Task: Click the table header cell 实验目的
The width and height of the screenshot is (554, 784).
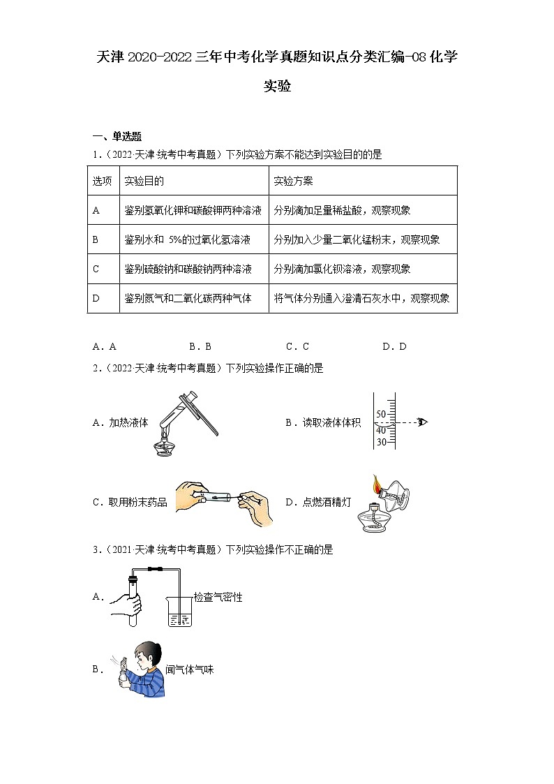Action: [144, 181]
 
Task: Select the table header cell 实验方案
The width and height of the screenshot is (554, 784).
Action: [293, 181]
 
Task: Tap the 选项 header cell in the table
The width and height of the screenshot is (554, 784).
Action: [103, 181]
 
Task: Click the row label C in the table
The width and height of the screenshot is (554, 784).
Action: [96, 269]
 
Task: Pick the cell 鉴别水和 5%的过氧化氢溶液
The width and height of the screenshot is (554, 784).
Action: [187, 239]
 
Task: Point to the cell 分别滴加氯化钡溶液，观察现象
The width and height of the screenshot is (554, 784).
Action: [343, 269]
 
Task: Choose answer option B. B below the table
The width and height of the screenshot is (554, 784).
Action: [200, 346]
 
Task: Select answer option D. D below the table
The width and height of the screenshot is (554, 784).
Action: [394, 346]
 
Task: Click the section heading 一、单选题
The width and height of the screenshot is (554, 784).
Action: [117, 137]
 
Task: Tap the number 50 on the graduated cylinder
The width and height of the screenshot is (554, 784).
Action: [381, 414]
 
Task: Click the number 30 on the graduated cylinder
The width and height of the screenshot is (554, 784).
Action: [381, 442]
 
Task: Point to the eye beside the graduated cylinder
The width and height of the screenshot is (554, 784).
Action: [421, 421]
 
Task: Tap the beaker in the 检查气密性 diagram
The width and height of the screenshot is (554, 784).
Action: [179, 612]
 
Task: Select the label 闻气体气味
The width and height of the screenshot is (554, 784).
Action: [189, 670]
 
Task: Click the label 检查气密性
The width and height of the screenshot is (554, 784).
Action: [218, 598]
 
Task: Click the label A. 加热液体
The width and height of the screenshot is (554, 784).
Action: [120, 422]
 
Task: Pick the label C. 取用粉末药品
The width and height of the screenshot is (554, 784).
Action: [130, 502]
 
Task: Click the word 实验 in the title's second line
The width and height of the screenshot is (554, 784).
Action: [276, 87]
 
